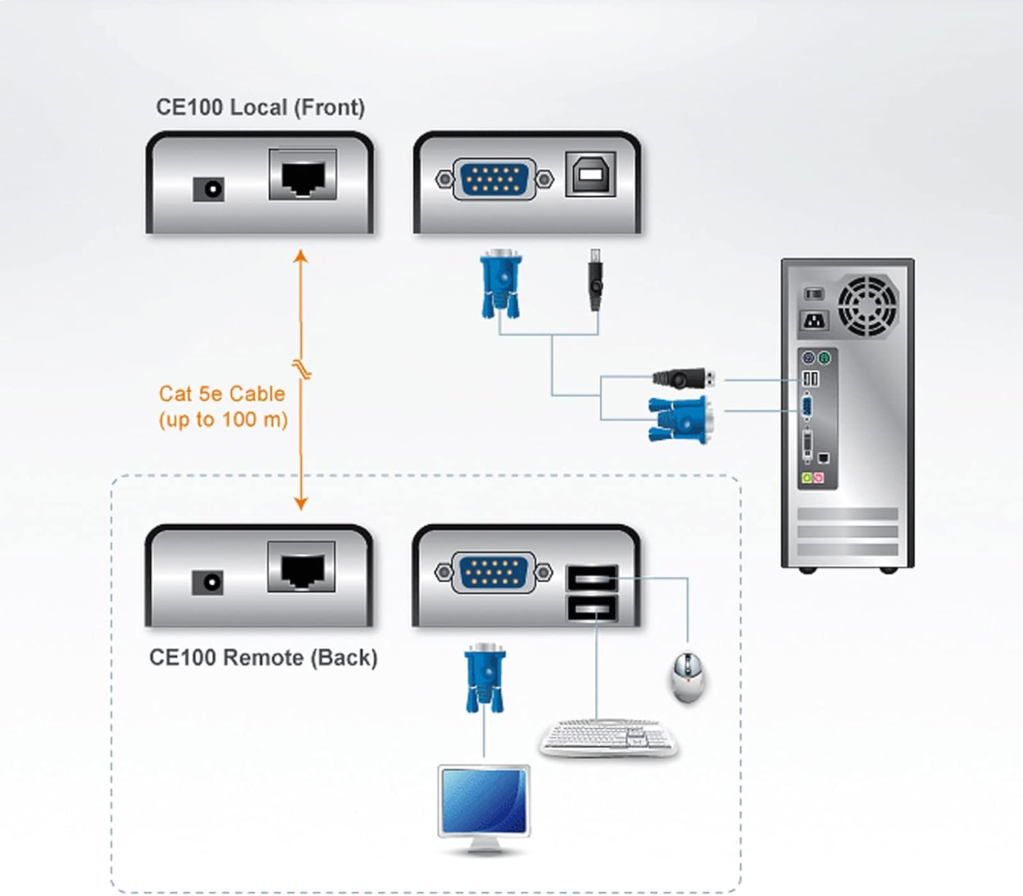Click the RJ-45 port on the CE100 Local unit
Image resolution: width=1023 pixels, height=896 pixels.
point(303,176)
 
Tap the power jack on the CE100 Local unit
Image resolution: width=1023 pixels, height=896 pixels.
point(208,189)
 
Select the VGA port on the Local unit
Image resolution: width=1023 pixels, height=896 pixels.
point(494,179)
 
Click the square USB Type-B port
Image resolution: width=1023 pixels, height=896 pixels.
point(590,175)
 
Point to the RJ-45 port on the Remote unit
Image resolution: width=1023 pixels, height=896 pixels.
point(301,568)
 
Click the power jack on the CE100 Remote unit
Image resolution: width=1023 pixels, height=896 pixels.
point(207,582)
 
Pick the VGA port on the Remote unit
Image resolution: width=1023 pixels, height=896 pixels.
point(493,572)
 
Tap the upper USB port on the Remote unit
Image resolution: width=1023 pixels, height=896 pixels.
point(592,579)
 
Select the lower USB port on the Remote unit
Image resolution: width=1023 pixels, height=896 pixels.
point(592,607)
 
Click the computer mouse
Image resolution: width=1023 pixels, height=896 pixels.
point(687,676)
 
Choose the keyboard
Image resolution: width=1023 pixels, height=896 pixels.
point(608,737)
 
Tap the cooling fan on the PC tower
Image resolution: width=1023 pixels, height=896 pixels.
point(868,306)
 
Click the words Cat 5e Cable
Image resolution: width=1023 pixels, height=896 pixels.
point(222,394)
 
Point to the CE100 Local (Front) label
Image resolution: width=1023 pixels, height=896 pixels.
point(261,107)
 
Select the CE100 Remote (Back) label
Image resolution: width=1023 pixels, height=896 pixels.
point(263,657)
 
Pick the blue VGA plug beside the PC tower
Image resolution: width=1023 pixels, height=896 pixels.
point(681,419)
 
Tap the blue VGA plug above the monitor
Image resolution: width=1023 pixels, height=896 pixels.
point(484,679)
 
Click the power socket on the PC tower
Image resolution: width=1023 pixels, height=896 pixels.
point(814,319)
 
